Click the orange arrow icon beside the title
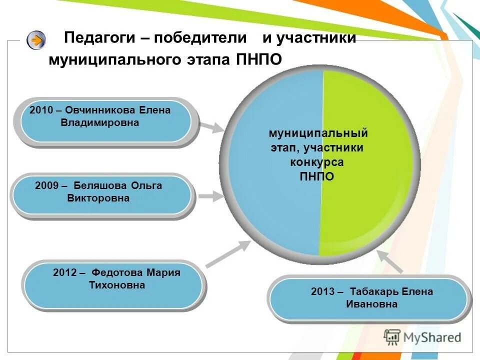click(36, 40)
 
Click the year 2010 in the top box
click(41, 110)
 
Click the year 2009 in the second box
click(47, 186)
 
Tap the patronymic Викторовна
click(98, 198)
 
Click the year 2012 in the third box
click(64, 273)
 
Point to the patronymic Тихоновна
click(117, 285)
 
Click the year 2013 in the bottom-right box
click(322, 291)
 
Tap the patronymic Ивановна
click(371, 304)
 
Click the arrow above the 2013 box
click(389, 261)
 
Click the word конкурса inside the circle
click(317, 162)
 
